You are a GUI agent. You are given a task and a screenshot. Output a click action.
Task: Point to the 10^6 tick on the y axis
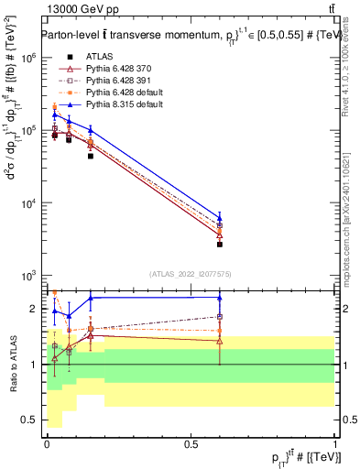[28, 57]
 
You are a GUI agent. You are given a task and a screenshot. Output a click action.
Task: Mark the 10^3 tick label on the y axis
[28, 276]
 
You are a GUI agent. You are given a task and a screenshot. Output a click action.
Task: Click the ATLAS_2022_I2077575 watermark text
[191, 274]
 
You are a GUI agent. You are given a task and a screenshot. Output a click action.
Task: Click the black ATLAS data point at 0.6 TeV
[220, 245]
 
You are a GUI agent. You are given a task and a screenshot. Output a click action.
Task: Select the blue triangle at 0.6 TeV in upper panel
[220, 219]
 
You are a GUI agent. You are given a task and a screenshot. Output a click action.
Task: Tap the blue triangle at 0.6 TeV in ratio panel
[220, 297]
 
